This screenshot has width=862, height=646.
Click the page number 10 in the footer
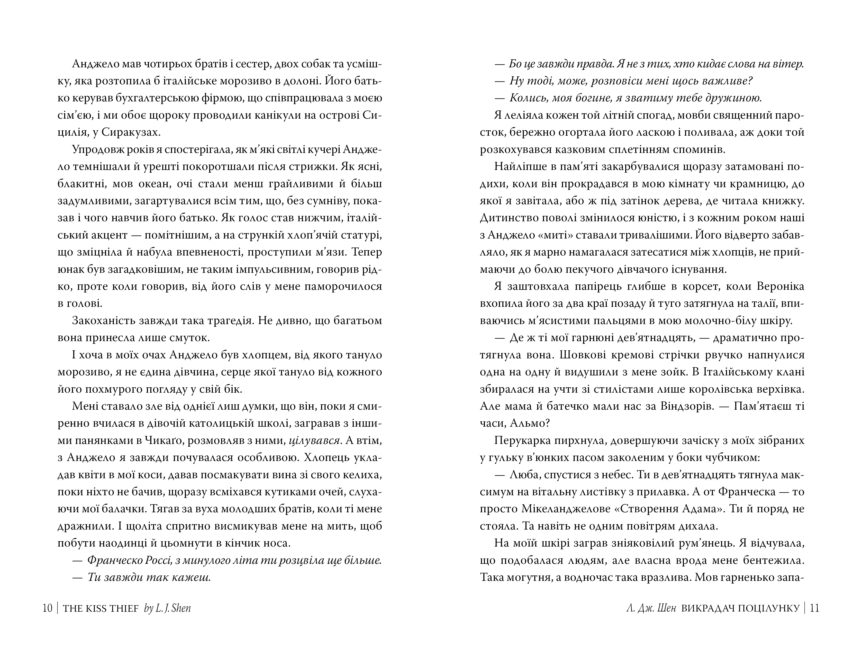pos(47,608)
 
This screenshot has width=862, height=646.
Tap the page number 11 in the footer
pos(815,608)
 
